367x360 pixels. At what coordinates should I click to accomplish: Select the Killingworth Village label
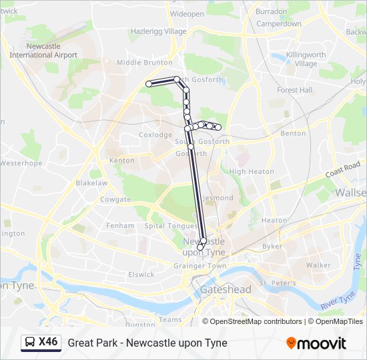[296, 59]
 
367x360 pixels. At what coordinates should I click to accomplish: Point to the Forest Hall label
[295, 90]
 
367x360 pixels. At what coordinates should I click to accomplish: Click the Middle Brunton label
[144, 63]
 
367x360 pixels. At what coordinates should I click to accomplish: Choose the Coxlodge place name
[155, 135]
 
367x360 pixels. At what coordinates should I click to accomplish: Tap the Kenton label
[121, 160]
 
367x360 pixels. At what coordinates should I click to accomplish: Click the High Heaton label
[252, 171]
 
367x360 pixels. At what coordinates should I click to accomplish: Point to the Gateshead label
[226, 289]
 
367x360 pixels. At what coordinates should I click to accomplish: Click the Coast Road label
[343, 168]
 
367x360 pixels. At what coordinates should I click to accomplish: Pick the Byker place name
[272, 246]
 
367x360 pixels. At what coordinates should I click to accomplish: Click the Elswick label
[141, 274]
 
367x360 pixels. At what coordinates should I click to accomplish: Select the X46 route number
[48, 342]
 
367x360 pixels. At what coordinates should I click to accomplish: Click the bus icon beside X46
[30, 343]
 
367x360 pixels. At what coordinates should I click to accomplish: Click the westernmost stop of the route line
[149, 84]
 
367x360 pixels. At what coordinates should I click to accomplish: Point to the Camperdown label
[279, 23]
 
